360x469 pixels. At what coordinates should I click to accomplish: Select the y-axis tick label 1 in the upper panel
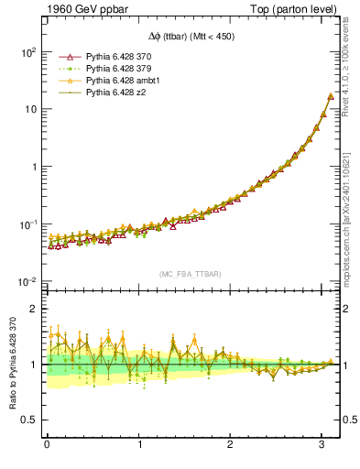(32, 167)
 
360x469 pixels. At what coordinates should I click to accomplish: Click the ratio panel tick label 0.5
(28, 420)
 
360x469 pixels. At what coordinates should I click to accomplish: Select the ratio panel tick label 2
(33, 309)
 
